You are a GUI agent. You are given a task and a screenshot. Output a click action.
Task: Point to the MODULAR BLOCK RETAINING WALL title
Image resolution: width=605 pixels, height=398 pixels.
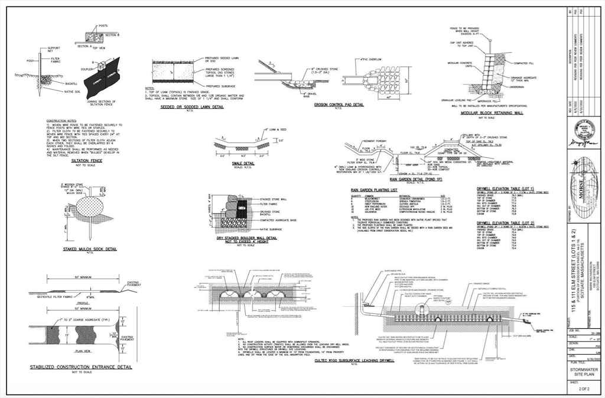tap(494, 112)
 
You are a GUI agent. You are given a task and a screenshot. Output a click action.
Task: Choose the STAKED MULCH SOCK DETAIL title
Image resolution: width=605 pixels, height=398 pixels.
tap(90, 249)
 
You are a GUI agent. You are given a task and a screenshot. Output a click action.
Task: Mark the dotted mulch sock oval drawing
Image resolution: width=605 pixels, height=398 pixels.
tap(90, 209)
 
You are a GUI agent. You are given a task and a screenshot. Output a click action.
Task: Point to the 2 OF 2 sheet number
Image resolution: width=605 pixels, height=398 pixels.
tap(584, 389)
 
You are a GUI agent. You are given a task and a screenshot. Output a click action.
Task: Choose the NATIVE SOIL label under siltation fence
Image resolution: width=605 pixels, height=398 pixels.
tap(73, 92)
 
